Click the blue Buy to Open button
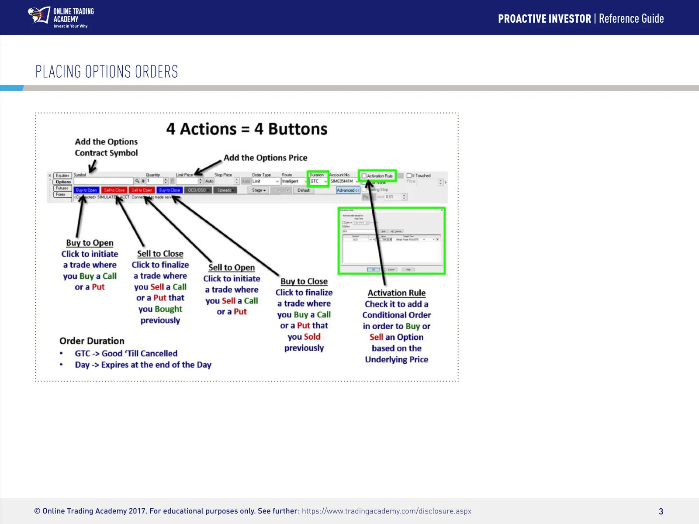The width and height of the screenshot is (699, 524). click(x=87, y=190)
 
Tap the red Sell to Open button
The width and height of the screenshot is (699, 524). click(x=142, y=190)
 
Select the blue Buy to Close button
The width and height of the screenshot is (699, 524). click(x=170, y=190)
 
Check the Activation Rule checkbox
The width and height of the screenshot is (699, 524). click(x=364, y=176)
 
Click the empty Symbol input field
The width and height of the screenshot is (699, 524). click(x=104, y=181)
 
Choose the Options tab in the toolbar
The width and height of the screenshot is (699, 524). click(x=63, y=182)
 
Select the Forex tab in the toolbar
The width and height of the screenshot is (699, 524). click(x=61, y=194)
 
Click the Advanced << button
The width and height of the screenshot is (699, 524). click(x=348, y=190)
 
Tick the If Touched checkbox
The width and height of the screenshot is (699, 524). click(x=409, y=176)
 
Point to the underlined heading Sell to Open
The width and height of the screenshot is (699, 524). click(x=232, y=268)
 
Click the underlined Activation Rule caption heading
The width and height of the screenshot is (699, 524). click(x=397, y=293)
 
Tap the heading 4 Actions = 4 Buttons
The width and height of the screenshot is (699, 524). click(x=247, y=129)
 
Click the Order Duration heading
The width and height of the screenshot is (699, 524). click(x=92, y=341)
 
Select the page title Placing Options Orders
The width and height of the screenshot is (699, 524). click(x=107, y=72)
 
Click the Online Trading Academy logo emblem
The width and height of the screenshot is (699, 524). click(x=39, y=16)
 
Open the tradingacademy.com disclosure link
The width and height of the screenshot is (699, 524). click(x=387, y=511)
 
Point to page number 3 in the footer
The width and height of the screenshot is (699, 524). click(x=661, y=511)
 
